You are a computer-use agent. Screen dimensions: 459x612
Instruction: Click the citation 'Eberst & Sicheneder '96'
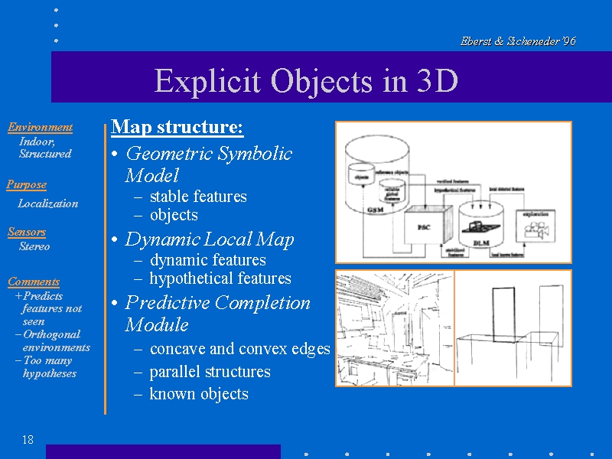pos(518,41)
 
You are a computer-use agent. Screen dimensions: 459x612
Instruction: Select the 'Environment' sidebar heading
pos(40,127)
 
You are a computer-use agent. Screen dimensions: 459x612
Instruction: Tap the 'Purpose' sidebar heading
pos(27,184)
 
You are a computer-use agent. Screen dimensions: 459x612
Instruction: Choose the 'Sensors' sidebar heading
pos(27,232)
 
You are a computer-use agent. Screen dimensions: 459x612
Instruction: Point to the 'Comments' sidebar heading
pos(34,282)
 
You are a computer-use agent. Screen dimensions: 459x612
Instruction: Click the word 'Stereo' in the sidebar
pos(34,246)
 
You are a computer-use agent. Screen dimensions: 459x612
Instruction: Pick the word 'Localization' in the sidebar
pos(48,203)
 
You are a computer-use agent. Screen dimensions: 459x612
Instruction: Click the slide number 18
pos(28,439)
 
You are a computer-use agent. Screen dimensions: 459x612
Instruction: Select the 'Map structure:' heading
pos(177,126)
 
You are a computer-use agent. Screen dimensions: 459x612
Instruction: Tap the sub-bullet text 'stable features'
pos(198,197)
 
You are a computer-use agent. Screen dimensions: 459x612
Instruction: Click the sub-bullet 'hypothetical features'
pos(220,278)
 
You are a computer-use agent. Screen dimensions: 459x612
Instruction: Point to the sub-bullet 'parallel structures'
pos(210,372)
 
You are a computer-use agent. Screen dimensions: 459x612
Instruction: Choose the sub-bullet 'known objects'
pos(199,394)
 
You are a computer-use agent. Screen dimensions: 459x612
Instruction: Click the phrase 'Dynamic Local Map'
pos(210,239)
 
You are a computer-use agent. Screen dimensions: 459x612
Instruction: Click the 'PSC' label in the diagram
pos(424,227)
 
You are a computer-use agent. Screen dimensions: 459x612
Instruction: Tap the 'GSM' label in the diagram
pos(374,209)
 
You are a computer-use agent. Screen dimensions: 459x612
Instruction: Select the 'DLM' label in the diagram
pos(480,243)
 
